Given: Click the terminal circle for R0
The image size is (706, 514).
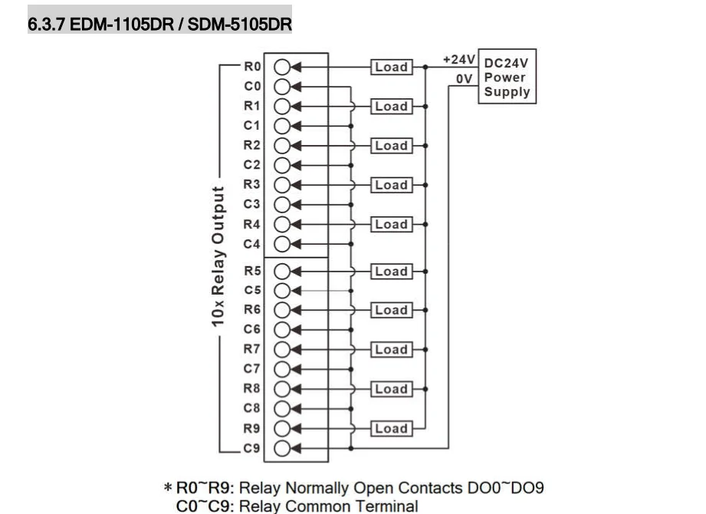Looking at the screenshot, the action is tap(282, 67).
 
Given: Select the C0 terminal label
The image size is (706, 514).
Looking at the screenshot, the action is tap(252, 86).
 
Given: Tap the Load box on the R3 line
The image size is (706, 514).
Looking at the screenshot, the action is tap(391, 185).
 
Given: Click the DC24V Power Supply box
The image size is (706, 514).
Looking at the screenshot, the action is tap(507, 77).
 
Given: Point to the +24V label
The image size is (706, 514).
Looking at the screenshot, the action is tap(459, 60).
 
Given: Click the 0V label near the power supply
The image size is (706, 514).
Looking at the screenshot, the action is tap(465, 79).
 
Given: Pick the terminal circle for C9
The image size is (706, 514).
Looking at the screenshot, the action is tap(282, 448).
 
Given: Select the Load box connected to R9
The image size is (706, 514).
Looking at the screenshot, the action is tap(391, 428).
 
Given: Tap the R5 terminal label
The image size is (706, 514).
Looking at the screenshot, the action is tap(252, 271).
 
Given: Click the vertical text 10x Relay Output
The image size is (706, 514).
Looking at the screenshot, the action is tap(218, 256).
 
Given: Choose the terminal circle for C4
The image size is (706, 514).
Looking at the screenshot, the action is tap(282, 244).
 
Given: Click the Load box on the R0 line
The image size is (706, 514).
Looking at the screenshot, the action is tap(391, 67).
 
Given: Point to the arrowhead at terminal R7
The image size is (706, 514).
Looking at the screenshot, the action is tap(296, 349).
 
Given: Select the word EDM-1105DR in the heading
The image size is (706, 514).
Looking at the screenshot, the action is tap(122, 24).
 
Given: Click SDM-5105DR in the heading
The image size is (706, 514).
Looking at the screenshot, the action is tap(239, 24).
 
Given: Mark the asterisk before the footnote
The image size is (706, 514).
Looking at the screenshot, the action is tap(168, 487).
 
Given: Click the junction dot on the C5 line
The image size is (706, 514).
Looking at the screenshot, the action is tap(351, 291).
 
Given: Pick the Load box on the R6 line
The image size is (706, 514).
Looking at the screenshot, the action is tap(391, 310).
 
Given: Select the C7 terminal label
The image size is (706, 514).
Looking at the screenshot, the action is tap(252, 368).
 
